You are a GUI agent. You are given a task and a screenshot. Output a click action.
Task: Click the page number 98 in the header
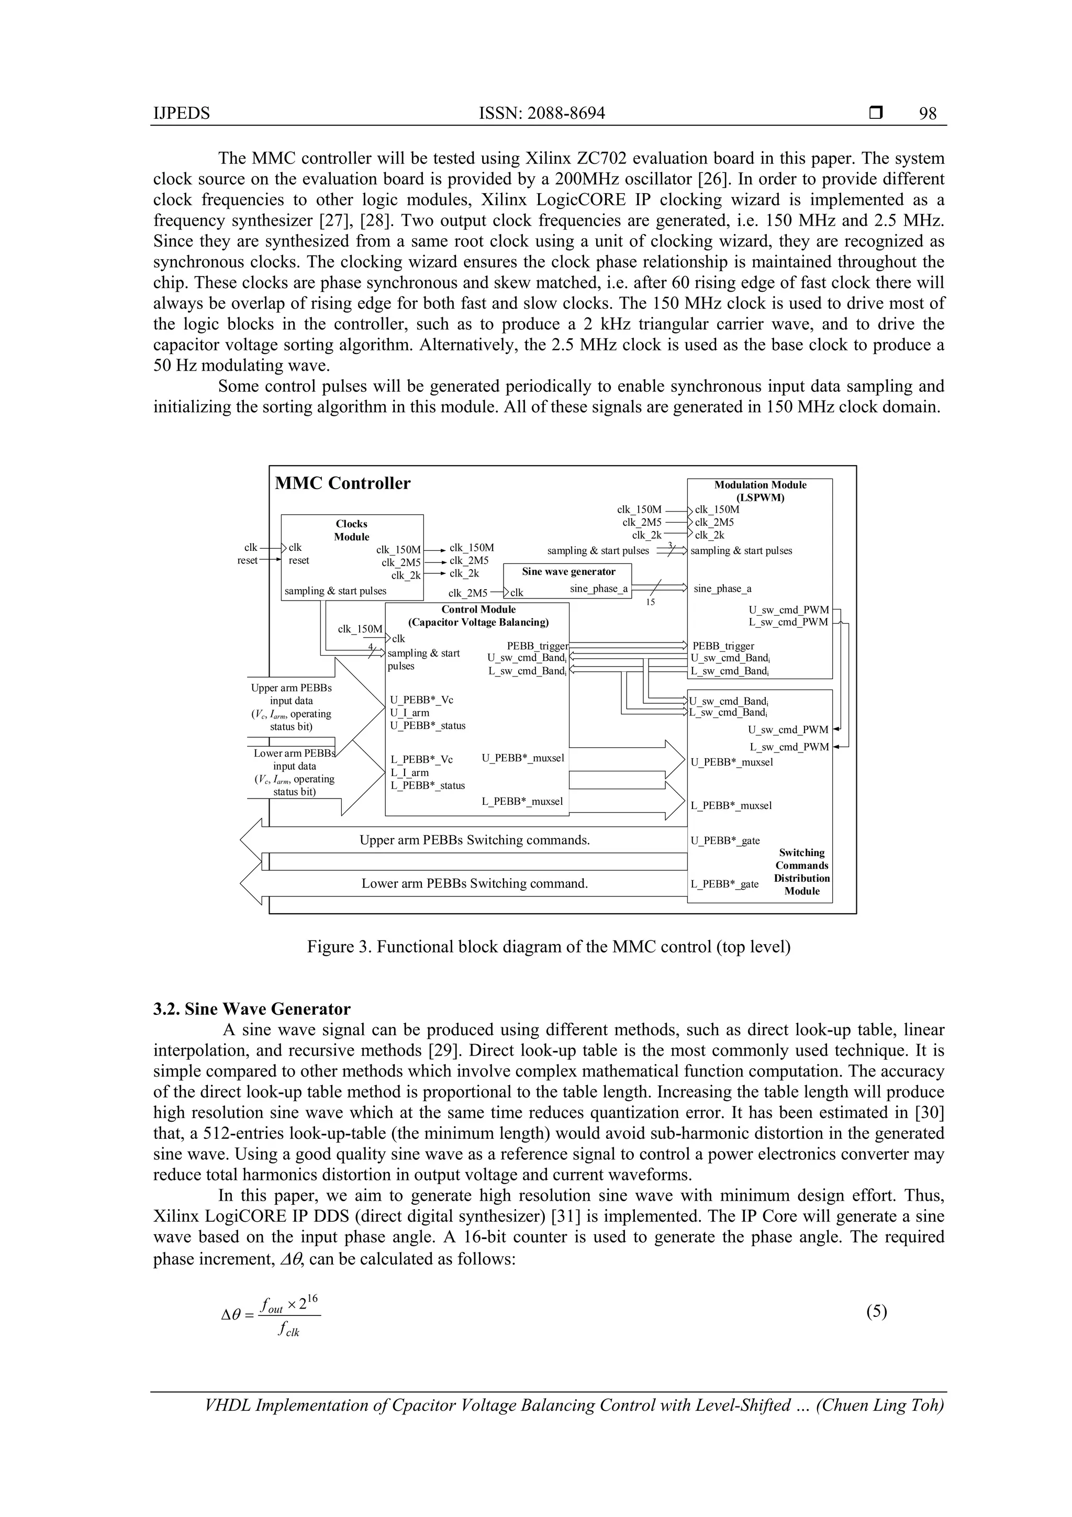point(928,114)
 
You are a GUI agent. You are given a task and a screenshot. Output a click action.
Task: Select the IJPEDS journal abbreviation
point(181,114)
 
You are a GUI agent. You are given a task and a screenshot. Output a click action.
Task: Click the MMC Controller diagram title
point(342,484)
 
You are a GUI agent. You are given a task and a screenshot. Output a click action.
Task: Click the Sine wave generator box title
point(568,571)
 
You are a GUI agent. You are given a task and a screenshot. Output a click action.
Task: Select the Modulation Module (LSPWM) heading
point(760,491)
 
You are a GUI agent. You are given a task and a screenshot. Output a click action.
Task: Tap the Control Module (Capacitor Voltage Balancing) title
point(478,616)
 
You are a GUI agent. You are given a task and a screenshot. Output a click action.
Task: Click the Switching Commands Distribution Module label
point(802,871)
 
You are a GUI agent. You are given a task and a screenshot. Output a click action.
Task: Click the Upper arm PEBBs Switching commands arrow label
point(474,840)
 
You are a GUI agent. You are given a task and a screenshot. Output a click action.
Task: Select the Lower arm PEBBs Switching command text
point(474,883)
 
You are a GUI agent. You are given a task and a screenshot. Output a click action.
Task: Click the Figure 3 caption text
point(548,947)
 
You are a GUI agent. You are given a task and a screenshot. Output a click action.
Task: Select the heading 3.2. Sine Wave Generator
point(252,1009)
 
